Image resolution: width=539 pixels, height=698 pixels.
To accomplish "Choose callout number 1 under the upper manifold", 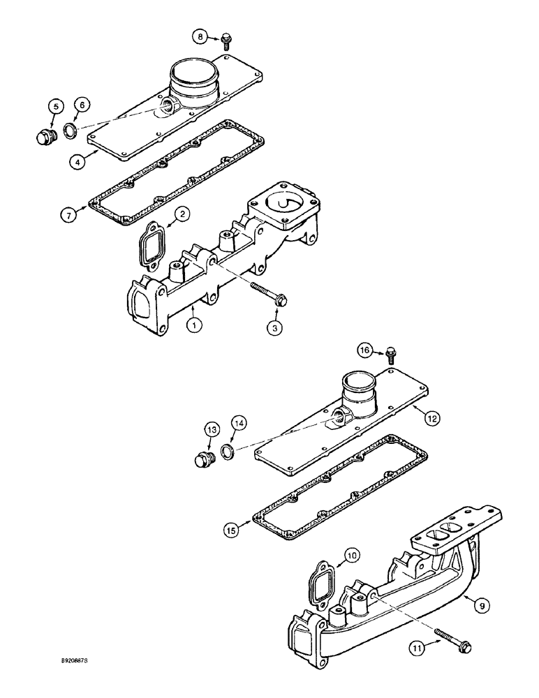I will pyautogui.click(x=190, y=324).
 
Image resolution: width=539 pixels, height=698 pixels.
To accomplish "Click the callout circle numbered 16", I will pyautogui.click(x=364, y=350).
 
